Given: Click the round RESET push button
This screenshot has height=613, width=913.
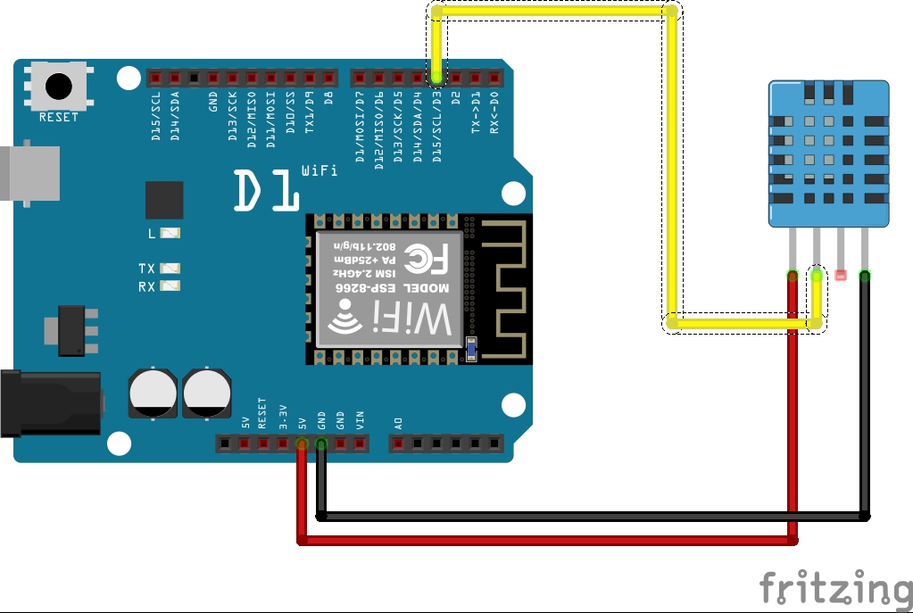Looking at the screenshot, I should (x=58, y=87).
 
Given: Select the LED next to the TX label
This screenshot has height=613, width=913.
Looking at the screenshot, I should (x=172, y=268).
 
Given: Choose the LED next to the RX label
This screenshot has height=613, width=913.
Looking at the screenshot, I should (x=172, y=286).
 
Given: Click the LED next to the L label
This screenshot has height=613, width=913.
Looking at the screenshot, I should (x=172, y=234).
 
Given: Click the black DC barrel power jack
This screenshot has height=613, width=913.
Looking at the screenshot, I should (x=49, y=404).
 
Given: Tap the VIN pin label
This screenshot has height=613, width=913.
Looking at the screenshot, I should (x=360, y=419).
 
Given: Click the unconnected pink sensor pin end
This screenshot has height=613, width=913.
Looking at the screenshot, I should (x=840, y=275).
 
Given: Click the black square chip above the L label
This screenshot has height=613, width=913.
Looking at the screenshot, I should (x=164, y=200).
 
